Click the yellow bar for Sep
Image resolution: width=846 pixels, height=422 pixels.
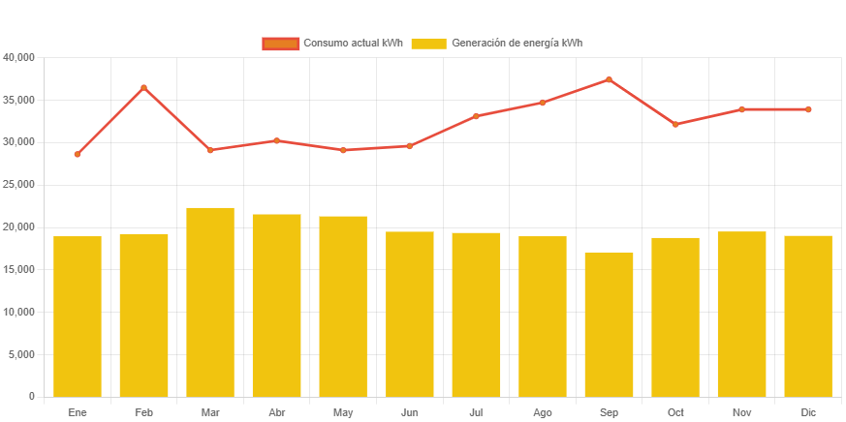[609, 324]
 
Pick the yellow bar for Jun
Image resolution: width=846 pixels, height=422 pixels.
[410, 314]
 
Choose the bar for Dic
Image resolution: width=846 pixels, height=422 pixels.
[808, 316]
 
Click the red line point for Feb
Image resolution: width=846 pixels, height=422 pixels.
[143, 88]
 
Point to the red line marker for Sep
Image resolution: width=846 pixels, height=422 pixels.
[609, 79]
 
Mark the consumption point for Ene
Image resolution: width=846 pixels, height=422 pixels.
[78, 155]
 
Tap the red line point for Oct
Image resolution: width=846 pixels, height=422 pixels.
[675, 125]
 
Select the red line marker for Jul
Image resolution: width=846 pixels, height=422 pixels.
[476, 116]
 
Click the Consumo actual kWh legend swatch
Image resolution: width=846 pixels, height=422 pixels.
[280, 44]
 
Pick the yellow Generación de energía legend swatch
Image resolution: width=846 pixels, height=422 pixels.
[428, 44]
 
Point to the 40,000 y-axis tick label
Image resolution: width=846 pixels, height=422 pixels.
[19, 57]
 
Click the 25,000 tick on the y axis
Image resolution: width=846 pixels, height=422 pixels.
[19, 184]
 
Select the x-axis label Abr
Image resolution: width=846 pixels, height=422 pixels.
[276, 413]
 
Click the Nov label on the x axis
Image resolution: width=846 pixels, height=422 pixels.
[741, 413]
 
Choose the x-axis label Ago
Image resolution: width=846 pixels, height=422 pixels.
[543, 413]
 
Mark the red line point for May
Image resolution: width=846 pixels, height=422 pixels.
[343, 150]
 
